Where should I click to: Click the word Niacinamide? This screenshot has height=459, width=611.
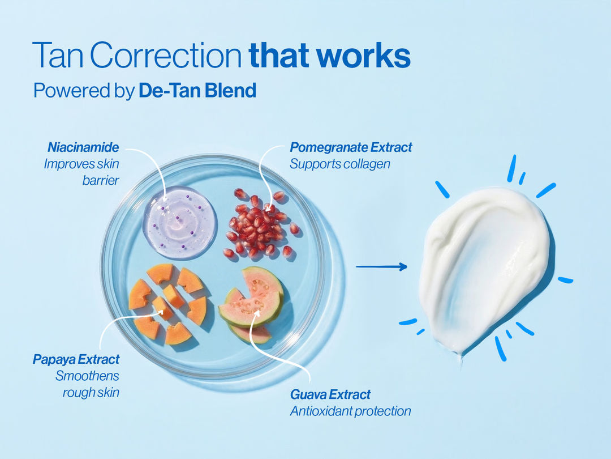tap(83, 148)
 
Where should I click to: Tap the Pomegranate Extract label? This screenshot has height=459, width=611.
tap(351, 148)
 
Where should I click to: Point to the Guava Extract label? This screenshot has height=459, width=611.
tap(330, 394)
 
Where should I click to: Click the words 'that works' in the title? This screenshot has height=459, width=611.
tap(329, 56)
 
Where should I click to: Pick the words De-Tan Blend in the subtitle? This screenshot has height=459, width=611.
tap(197, 91)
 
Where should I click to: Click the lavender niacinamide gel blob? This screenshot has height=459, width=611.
tap(180, 222)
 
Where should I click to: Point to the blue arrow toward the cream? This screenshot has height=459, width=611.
tap(381, 266)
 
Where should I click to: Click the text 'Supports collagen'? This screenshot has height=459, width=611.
tap(340, 164)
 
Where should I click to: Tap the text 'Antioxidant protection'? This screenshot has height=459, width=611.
tap(350, 411)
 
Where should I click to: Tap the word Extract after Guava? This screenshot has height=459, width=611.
tap(350, 394)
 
